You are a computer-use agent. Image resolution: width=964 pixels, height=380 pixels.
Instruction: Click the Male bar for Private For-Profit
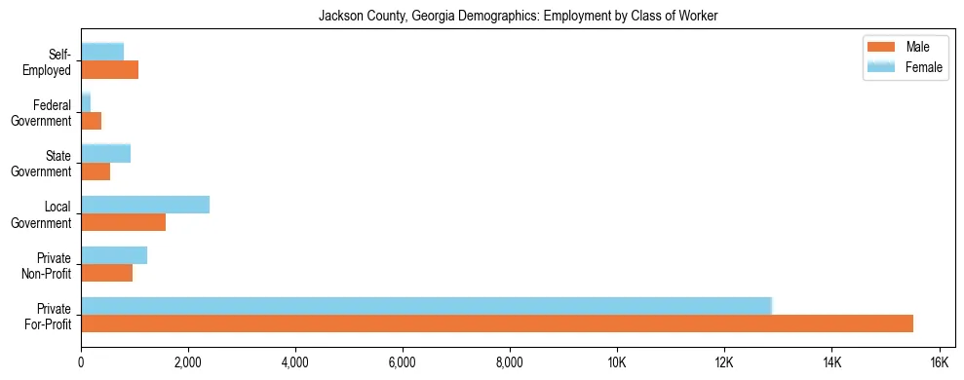[x=497, y=323]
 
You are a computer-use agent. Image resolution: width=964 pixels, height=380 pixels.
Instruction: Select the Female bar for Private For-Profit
[x=426, y=306]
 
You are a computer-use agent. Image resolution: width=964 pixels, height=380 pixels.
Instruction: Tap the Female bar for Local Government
[x=145, y=205]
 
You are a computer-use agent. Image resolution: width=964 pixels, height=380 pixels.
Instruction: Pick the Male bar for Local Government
[x=123, y=222]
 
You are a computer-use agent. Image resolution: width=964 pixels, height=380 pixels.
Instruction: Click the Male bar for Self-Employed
[x=109, y=70]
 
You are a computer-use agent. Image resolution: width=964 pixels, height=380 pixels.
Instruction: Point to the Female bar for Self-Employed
[x=102, y=52]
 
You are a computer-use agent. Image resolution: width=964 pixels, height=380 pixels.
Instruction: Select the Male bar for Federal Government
[x=91, y=121]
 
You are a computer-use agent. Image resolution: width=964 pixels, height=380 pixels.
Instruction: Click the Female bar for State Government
[x=105, y=154]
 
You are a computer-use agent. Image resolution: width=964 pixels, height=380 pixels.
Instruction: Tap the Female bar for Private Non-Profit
[x=114, y=255]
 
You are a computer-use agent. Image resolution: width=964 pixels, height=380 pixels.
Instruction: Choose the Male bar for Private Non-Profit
[x=106, y=273]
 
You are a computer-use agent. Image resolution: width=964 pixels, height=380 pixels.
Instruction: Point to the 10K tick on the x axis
[x=616, y=362]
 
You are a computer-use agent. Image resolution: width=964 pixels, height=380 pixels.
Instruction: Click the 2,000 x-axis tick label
[x=187, y=362]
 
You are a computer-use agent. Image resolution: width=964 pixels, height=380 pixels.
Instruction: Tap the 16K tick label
[x=938, y=362]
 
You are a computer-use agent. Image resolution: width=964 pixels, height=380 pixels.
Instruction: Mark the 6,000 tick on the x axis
[x=402, y=362]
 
